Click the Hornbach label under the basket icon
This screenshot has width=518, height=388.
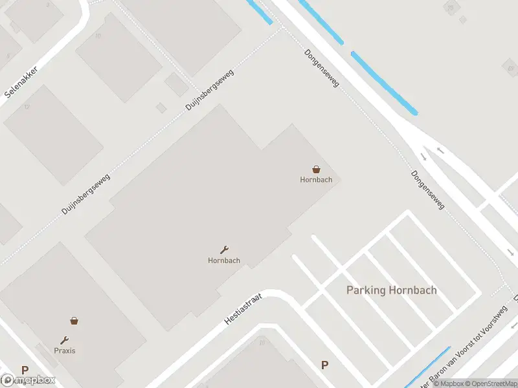(316, 180)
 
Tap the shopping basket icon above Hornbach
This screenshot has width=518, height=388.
(316, 169)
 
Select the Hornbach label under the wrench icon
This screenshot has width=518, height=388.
(224, 261)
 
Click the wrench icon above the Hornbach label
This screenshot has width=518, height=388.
(224, 250)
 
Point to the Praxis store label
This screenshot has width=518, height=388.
(65, 350)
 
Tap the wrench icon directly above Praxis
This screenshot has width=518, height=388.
(65, 340)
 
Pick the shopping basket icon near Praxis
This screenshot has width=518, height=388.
(74, 320)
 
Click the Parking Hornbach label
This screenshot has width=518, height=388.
(391, 290)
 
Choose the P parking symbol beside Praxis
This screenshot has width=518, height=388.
(25, 371)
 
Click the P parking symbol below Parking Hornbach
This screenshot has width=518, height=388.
(324, 365)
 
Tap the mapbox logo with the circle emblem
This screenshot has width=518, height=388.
(28, 380)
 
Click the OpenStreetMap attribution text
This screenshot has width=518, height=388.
(493, 383)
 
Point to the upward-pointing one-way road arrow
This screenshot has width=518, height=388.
(440, 150)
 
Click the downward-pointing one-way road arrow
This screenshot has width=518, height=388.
(423, 156)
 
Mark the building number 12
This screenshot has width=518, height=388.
(27, 107)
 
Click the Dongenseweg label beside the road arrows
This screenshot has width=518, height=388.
(428, 190)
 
